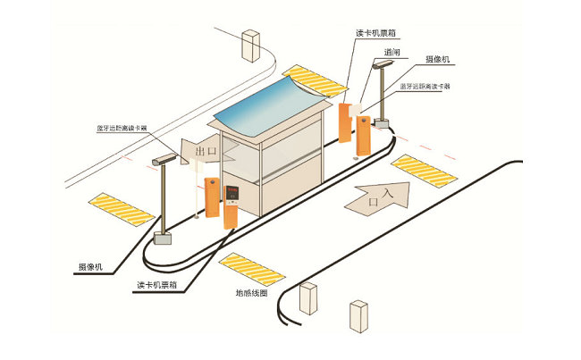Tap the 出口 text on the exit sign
coord(206,153)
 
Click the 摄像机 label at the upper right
coord(441,60)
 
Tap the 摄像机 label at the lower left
coord(90,267)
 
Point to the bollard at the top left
coord(250,44)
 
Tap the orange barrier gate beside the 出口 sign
coord(212,197)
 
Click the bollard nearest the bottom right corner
coord(359,314)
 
